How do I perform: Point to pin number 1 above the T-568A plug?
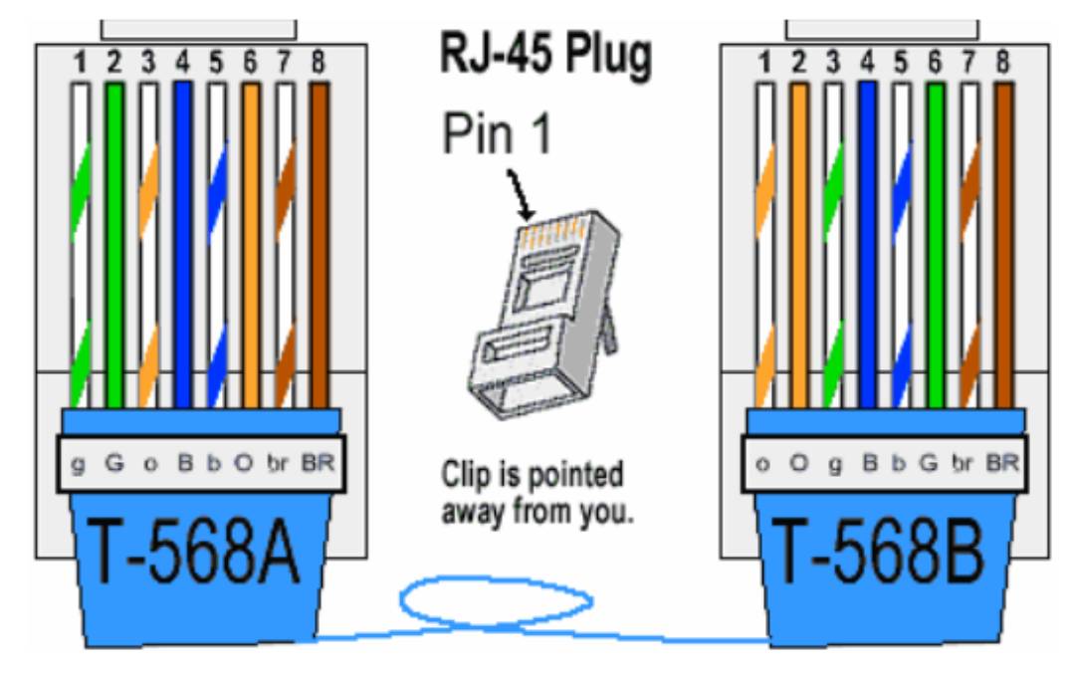pyautogui.click(x=80, y=63)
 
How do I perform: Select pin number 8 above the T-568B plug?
pyautogui.click(x=1003, y=63)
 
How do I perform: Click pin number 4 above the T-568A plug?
pyautogui.click(x=182, y=63)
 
